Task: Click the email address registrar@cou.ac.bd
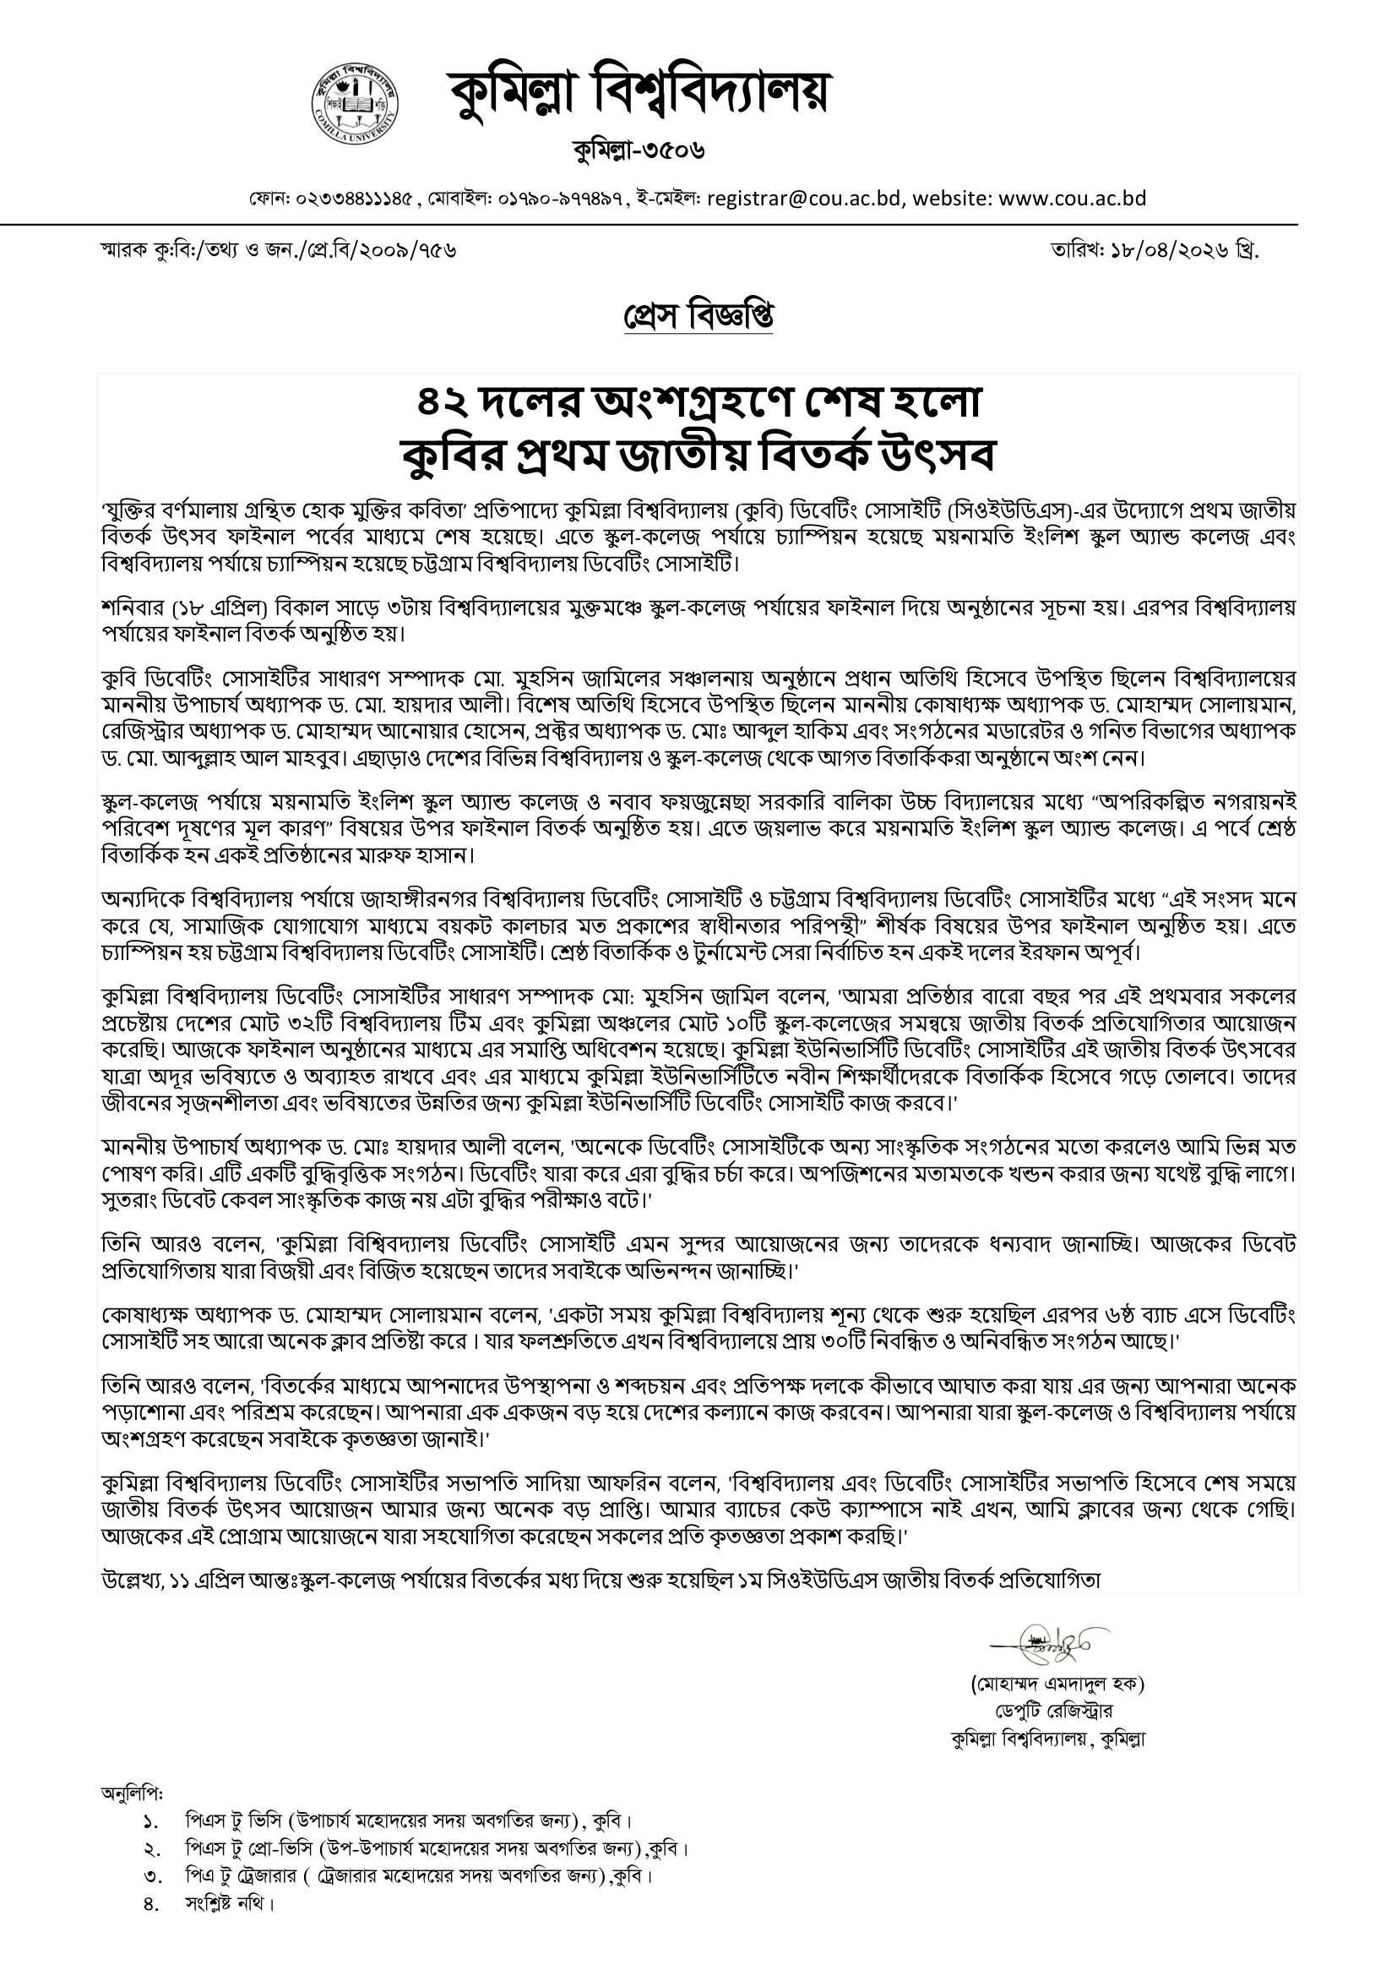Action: (x=804, y=199)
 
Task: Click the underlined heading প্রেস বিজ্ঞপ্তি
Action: (x=698, y=318)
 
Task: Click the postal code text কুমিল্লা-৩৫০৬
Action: (x=639, y=151)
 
